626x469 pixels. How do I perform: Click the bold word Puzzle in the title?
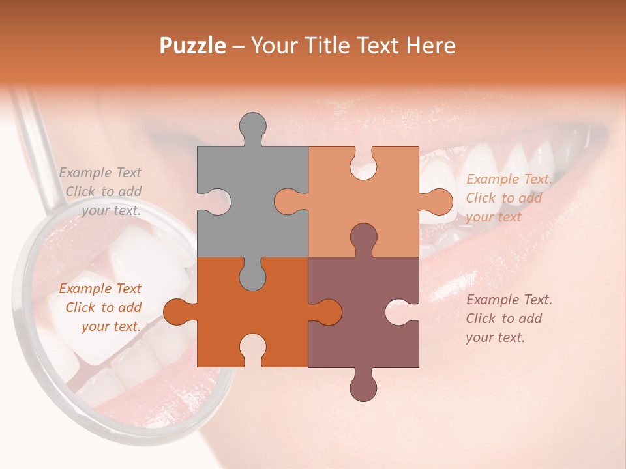click(x=193, y=46)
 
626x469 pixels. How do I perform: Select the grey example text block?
click(x=101, y=192)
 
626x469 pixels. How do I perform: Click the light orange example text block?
click(x=509, y=198)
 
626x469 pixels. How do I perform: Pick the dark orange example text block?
click(x=101, y=307)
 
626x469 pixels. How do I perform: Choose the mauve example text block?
click(x=509, y=319)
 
